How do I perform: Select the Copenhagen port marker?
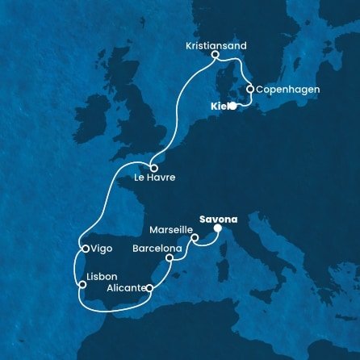pyautogui.click(x=251, y=89)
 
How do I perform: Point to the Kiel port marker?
pyautogui.click(x=232, y=105)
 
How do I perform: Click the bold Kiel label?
pyautogui.click(x=217, y=106)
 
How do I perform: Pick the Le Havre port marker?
pyautogui.click(x=153, y=168)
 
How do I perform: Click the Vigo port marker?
pyautogui.click(x=84, y=249)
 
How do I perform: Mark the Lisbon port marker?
pyautogui.click(x=81, y=283)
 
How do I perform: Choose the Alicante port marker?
pyautogui.click(x=149, y=287)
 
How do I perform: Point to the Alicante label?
pyautogui.click(x=123, y=287)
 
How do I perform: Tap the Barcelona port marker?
pyautogui.click(x=169, y=259)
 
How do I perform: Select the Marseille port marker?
pyautogui.click(x=195, y=237)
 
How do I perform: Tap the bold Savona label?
pyautogui.click(x=218, y=217)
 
